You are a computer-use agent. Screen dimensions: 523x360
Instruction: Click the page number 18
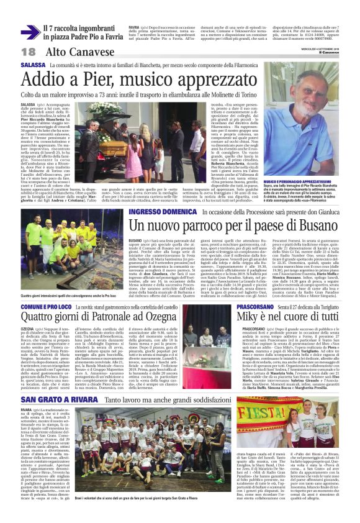29,52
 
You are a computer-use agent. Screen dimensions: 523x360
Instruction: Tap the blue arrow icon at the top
30,32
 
